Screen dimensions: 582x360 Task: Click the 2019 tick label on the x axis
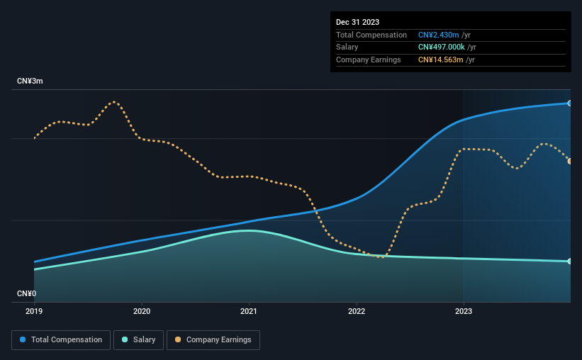[x=34, y=311]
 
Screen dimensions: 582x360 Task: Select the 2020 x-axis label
[x=142, y=311]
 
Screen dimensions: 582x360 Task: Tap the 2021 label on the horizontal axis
[x=249, y=311]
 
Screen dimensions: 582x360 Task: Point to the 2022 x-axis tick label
[x=357, y=311]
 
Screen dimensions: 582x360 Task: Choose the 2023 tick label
[x=464, y=311]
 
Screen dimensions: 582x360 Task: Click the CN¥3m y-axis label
[x=30, y=81]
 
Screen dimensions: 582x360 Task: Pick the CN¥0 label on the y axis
[x=27, y=293]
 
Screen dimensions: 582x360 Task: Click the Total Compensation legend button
[x=61, y=340]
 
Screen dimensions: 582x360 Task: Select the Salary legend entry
[x=138, y=340]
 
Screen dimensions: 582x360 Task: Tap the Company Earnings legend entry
[x=213, y=340]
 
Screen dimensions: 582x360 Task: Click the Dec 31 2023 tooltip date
[x=357, y=22]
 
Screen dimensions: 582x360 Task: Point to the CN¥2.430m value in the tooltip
[x=438, y=35]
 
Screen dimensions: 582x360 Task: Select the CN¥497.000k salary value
[x=442, y=47]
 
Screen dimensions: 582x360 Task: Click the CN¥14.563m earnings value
[x=441, y=60]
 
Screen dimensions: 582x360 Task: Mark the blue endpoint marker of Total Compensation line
[x=570, y=103]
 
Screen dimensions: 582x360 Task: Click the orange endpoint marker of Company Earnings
[x=570, y=161]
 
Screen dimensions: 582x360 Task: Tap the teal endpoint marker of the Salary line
[x=570, y=261]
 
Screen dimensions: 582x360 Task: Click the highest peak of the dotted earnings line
[x=114, y=101]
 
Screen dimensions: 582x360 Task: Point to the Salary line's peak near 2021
[x=249, y=230]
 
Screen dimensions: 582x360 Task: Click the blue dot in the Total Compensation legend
[x=23, y=339]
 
